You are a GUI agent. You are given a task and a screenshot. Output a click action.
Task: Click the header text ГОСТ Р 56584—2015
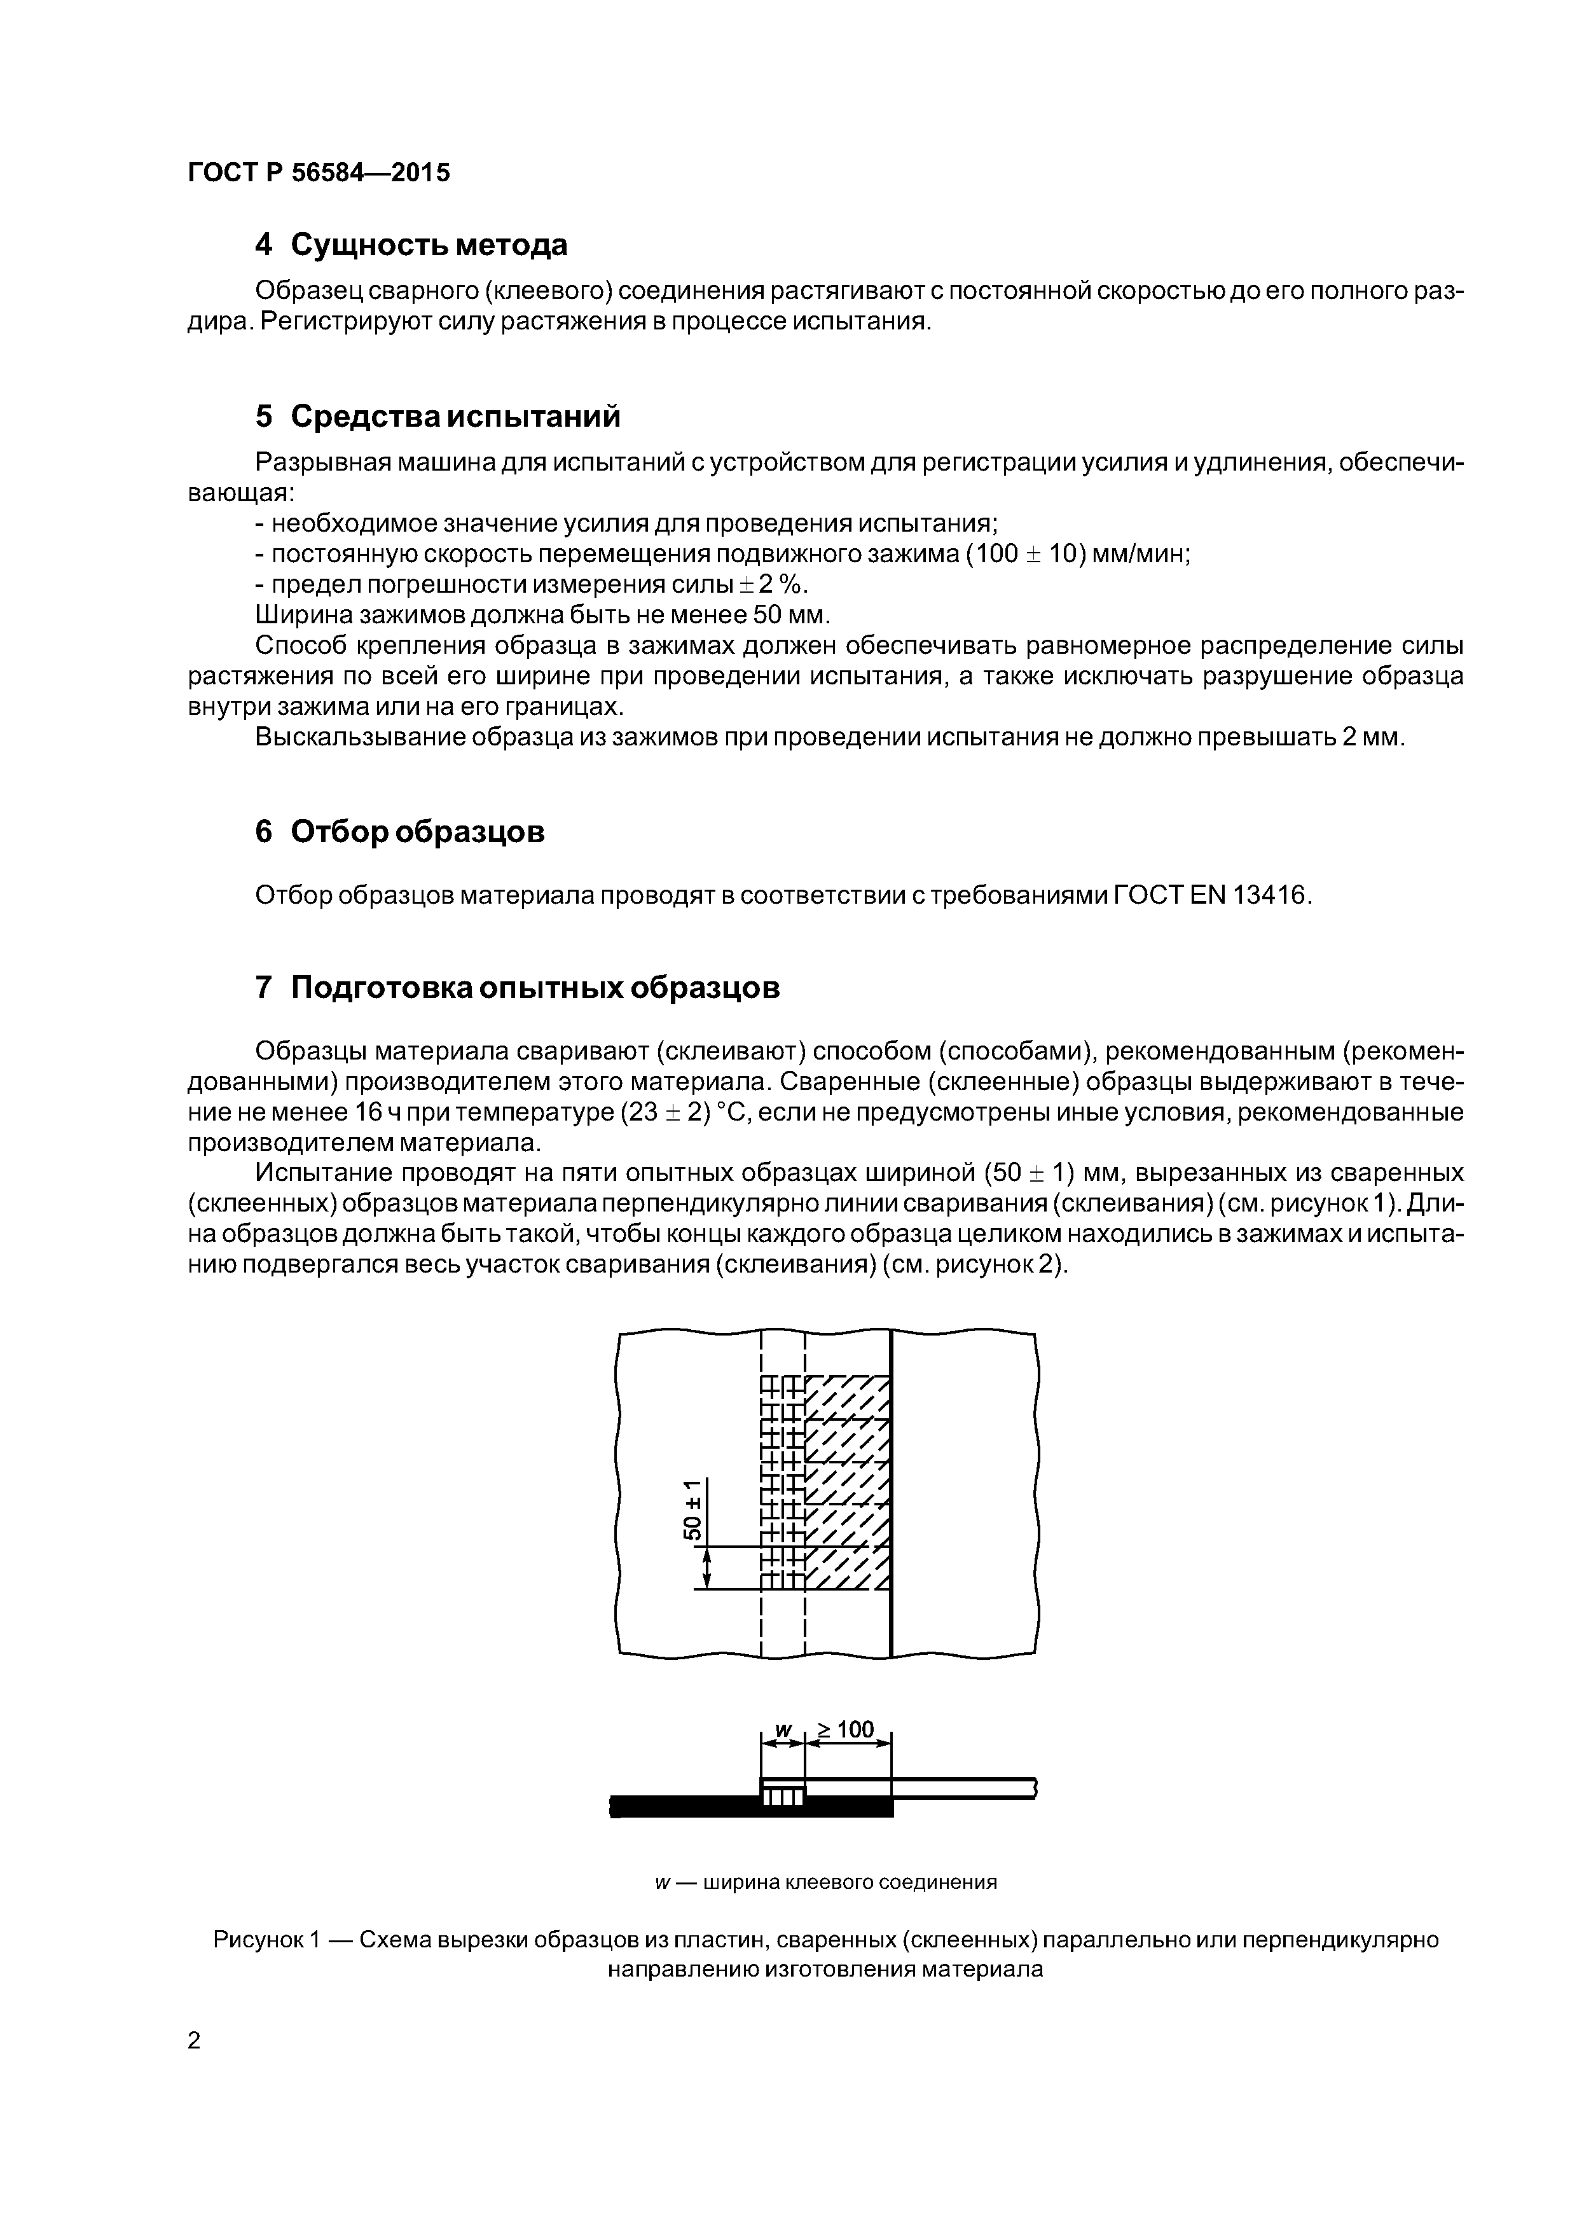[319, 173]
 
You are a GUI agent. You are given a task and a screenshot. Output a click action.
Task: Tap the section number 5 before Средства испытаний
[263, 417]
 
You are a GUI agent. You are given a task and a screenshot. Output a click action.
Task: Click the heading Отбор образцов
[417, 832]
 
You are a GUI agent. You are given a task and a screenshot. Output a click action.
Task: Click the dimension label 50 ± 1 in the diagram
[692, 1510]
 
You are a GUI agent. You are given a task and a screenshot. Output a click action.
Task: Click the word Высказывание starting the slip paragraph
[361, 738]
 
